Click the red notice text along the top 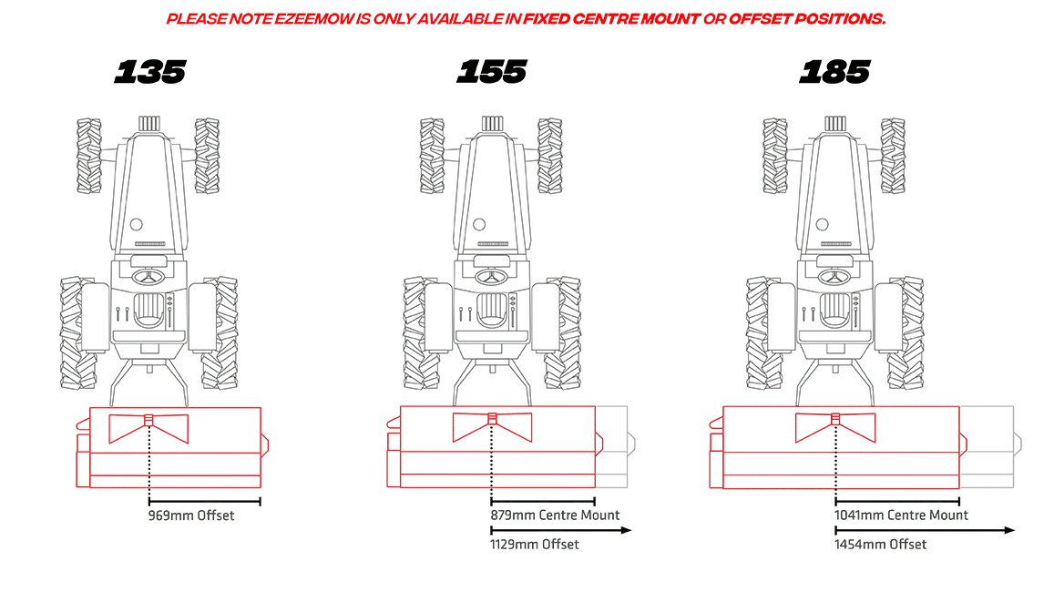coord(526,19)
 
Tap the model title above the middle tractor coord(492,73)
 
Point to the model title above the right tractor coord(834,73)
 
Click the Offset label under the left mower coord(191,516)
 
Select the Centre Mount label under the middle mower coord(555,516)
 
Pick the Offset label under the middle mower coord(535,545)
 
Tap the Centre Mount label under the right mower coord(902,516)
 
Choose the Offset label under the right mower coord(883,545)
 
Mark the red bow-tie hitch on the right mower coord(835,426)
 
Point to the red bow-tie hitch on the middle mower coord(492,426)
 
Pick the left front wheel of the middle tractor coord(430,155)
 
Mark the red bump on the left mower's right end coord(265,444)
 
